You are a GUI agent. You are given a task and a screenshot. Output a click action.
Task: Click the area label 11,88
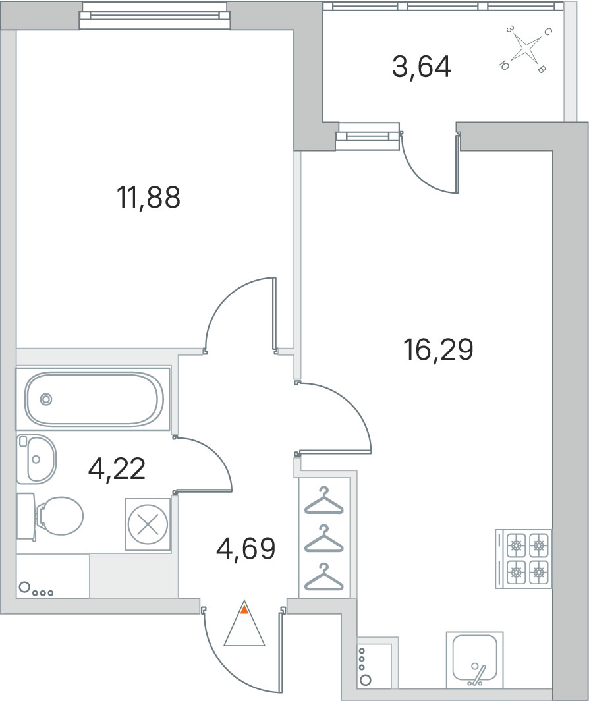pyautogui.click(x=148, y=198)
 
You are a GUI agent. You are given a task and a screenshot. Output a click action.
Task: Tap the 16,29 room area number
pyautogui.click(x=438, y=350)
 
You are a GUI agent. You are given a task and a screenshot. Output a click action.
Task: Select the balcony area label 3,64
pyautogui.click(x=421, y=67)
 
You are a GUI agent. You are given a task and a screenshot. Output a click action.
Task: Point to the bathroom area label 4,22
pyautogui.click(x=117, y=469)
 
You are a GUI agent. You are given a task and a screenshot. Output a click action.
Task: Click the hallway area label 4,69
pyautogui.click(x=245, y=549)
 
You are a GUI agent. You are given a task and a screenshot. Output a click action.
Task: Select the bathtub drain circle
pyautogui.click(x=46, y=399)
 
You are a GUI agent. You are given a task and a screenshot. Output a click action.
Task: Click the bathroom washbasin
pyautogui.click(x=36, y=459)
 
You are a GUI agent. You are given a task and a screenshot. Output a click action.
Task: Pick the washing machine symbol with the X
pyautogui.click(x=148, y=524)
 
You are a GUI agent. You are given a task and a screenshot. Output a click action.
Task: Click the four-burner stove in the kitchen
pyautogui.click(x=523, y=559)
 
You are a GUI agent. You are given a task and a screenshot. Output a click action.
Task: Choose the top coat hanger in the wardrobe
pyautogui.click(x=323, y=501)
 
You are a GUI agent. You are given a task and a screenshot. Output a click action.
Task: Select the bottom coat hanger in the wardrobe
pyautogui.click(x=323, y=578)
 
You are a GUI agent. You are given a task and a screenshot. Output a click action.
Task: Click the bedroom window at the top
pyautogui.click(x=155, y=15)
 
